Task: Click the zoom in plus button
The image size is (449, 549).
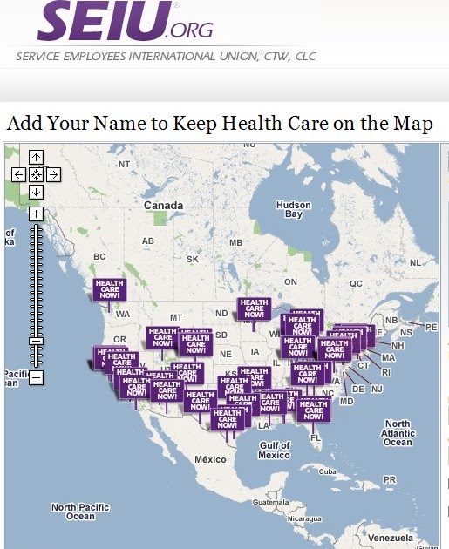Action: [36, 213]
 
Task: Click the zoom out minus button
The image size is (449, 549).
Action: [36, 377]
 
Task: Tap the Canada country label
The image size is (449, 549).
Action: [163, 206]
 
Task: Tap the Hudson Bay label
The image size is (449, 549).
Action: [293, 210]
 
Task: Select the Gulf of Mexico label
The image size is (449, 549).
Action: [274, 451]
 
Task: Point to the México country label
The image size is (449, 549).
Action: [210, 459]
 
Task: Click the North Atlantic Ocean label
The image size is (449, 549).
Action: [398, 433]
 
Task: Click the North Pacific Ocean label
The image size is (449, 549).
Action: [80, 512]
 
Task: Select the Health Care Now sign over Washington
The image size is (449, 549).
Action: [110, 289]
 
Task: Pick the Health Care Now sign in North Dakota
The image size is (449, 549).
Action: [254, 308]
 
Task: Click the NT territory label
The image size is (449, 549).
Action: [124, 164]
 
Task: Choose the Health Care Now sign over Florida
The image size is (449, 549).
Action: [313, 410]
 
